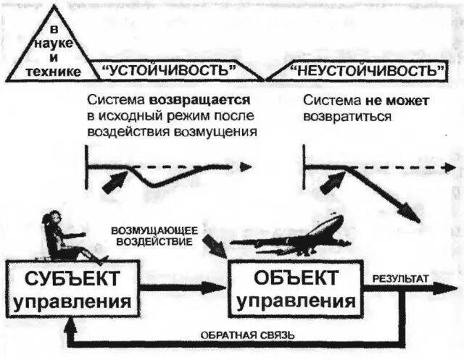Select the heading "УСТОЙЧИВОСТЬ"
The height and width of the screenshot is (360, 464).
[x=171, y=71]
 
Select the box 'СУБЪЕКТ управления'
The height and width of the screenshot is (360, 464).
[x=70, y=290]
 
